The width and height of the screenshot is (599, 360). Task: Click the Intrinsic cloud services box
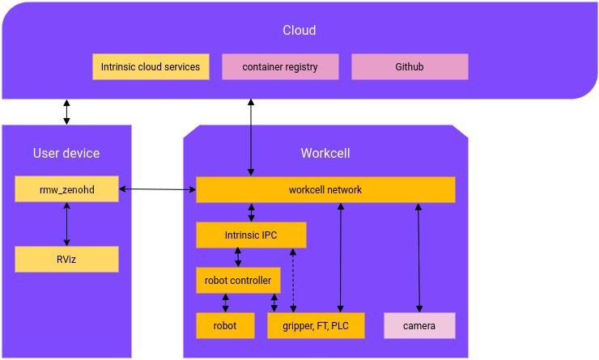pos(151,67)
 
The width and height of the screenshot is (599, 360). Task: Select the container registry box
pos(280,67)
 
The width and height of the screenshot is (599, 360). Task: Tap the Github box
pos(410,67)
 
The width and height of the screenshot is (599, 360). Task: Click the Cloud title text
pos(299,31)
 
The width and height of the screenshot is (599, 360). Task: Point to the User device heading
pos(66,153)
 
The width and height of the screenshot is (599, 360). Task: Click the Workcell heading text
pos(325,153)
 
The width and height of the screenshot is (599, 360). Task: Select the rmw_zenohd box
pos(66,189)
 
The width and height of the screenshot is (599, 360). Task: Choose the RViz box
pos(66,260)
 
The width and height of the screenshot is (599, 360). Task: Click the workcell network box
pos(325,190)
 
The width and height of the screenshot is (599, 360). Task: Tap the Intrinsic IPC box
pos(251,235)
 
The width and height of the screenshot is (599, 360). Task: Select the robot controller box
pos(238,281)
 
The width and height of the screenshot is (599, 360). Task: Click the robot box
pos(225,326)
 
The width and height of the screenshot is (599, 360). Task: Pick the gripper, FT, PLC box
pos(316,326)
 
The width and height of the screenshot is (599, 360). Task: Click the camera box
pos(419,326)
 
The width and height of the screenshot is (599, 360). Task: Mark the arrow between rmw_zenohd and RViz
pos(66,224)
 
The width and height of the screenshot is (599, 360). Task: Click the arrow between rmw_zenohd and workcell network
pos(157,189)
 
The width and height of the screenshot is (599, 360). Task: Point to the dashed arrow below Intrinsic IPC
pos(293,280)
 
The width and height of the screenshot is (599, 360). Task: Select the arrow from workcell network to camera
pos(418,257)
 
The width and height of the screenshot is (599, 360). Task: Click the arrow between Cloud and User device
pos(66,112)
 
